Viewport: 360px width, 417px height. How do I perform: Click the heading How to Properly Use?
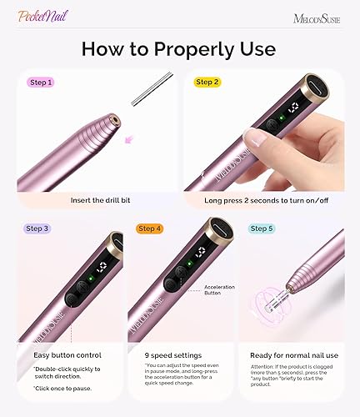[x=180, y=48]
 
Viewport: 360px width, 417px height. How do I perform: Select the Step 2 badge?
[x=208, y=83]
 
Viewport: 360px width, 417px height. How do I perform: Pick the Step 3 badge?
[x=40, y=229]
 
